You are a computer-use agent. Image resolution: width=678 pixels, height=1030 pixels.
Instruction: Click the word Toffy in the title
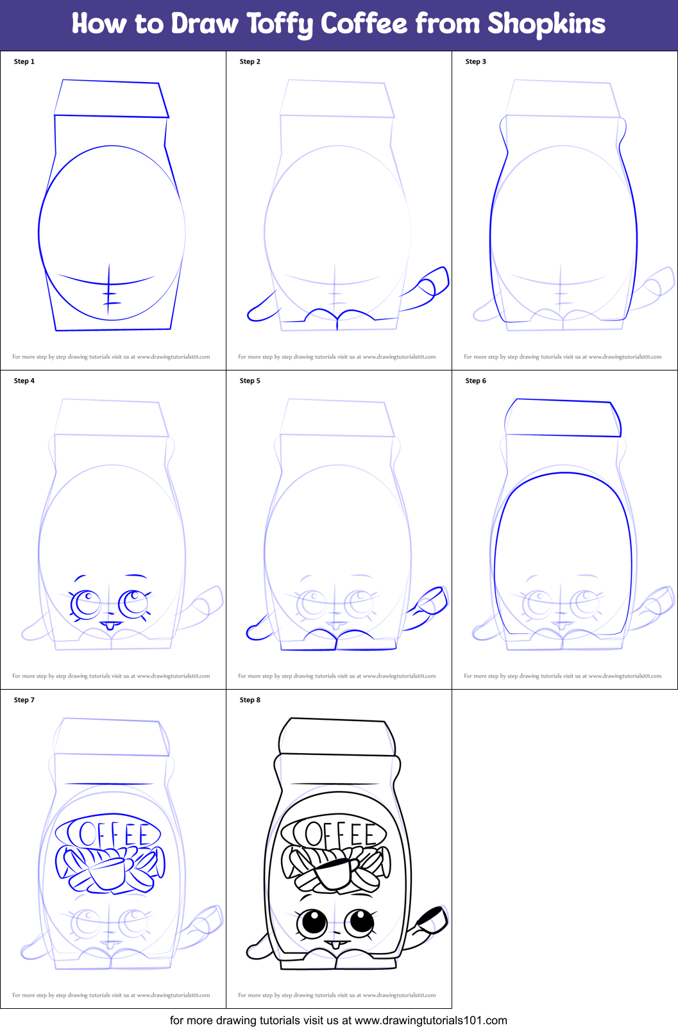point(281,24)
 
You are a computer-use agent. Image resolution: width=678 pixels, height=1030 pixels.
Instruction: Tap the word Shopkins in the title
point(546,24)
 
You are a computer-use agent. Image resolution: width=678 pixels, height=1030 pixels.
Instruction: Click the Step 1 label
point(24,62)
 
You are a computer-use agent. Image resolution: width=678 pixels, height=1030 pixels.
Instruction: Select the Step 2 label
point(250,62)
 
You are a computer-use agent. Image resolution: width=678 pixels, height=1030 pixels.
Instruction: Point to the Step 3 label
point(476,62)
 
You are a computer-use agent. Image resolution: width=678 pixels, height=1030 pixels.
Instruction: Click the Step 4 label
point(24,381)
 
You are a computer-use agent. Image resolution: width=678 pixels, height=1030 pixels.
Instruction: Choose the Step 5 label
point(250,381)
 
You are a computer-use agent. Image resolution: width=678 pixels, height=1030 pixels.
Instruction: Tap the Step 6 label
point(476,381)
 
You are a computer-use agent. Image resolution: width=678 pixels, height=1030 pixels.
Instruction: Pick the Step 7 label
point(24,700)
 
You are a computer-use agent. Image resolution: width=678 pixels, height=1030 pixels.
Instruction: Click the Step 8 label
point(250,700)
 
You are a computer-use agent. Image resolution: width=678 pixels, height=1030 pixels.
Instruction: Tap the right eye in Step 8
point(360,922)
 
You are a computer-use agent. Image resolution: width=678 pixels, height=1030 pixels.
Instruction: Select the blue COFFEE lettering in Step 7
point(109,834)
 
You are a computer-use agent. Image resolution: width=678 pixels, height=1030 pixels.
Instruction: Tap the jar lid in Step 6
point(563,418)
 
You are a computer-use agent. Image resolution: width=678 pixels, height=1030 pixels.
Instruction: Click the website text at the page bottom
point(339,1020)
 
